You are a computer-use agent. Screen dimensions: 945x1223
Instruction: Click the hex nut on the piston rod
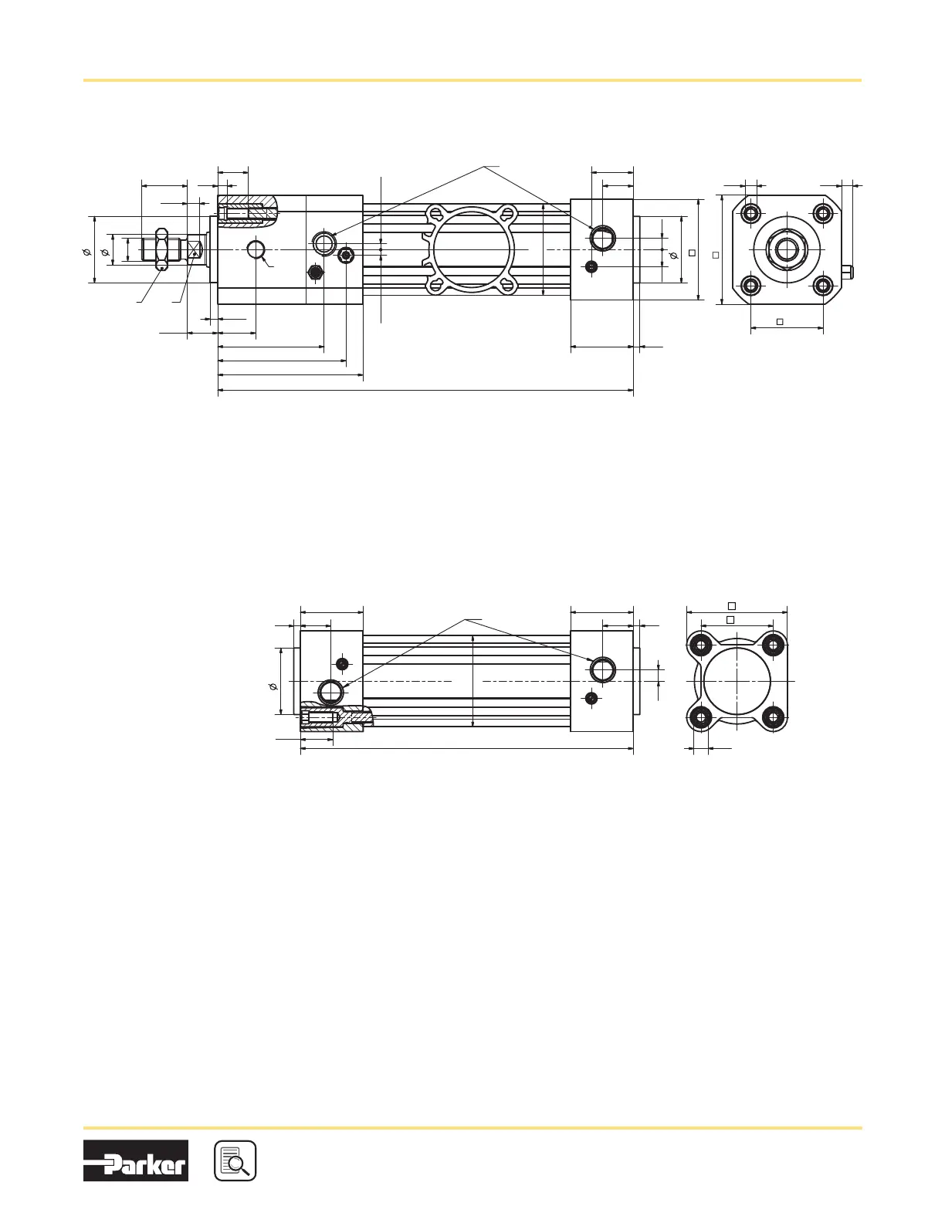click(x=161, y=249)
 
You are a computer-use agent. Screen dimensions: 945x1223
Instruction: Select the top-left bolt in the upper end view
click(x=751, y=213)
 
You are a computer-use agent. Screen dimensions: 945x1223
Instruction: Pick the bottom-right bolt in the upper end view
click(x=824, y=286)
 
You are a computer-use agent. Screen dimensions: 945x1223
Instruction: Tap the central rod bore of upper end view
click(x=787, y=249)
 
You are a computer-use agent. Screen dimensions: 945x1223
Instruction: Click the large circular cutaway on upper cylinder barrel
click(x=471, y=249)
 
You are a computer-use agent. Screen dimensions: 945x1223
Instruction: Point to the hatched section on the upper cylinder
click(x=248, y=212)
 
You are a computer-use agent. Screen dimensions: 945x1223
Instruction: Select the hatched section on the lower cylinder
click(x=336, y=717)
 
